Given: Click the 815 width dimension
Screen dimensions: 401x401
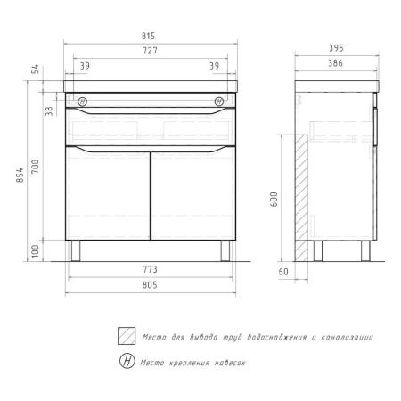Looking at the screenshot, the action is point(148,36).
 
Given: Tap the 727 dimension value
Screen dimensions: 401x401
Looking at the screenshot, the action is point(150,51).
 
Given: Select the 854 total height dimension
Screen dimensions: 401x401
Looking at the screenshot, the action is point(20,176).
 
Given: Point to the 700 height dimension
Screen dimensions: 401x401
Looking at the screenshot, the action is point(36,167).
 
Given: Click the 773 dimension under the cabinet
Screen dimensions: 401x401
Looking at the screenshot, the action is point(150,269).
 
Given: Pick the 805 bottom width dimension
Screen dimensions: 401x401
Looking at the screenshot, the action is point(150,285).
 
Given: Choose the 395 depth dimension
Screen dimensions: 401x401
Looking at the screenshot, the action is point(336,48).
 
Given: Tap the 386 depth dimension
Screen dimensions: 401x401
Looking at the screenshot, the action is point(335,63).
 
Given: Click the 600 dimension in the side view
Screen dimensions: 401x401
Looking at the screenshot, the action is point(274,200).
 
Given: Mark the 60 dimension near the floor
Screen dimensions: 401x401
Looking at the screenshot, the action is point(283,272).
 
